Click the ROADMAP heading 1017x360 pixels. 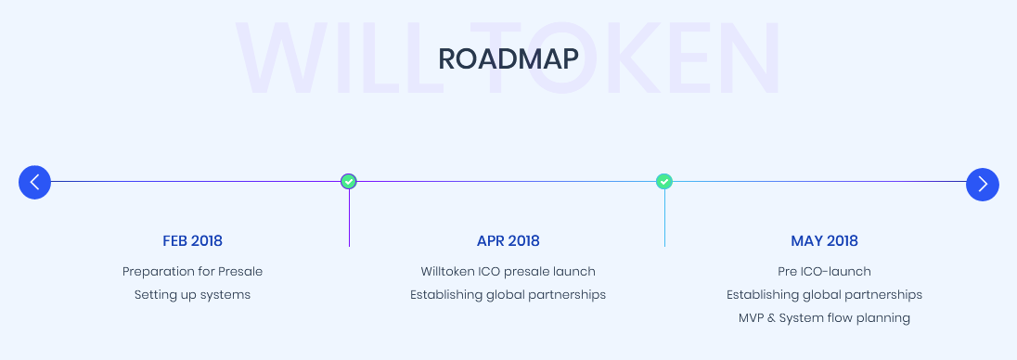point(508,59)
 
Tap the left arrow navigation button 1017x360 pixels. point(35,182)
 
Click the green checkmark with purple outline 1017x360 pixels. point(349,182)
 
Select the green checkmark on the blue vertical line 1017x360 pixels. point(664,182)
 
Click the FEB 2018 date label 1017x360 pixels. point(193,241)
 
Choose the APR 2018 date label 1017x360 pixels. point(508,241)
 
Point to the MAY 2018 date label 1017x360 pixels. point(824,241)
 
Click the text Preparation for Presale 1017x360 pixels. point(193,271)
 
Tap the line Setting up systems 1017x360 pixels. point(193,295)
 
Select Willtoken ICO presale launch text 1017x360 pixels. point(508,271)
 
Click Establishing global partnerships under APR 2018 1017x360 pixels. point(508,295)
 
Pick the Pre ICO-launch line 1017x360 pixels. point(824,271)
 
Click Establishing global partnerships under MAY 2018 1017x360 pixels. point(824,295)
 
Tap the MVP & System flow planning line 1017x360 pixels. point(824,318)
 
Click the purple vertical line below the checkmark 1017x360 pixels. point(349,219)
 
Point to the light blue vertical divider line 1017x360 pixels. point(664,219)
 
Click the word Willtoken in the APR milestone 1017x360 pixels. point(447,271)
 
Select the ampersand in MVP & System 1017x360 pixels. point(770,318)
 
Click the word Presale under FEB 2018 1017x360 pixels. point(240,271)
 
